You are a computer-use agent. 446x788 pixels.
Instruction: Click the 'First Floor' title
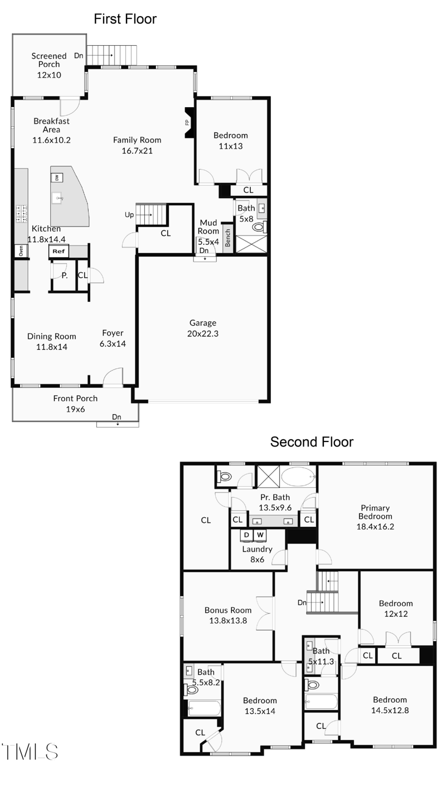[x=125, y=19]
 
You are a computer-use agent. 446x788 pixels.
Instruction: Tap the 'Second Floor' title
[x=312, y=442]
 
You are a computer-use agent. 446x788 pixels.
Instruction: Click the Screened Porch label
[x=49, y=65]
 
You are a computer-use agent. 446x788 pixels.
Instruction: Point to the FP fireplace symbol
[x=188, y=122]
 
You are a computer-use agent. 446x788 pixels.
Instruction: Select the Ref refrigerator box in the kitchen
[x=58, y=251]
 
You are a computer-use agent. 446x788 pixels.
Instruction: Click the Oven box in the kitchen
[x=21, y=251]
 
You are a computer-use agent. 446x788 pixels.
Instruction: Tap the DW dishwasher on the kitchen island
[x=56, y=177]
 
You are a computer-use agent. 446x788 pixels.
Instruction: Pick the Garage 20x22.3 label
[x=203, y=328]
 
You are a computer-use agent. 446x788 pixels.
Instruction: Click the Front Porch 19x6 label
[x=75, y=403]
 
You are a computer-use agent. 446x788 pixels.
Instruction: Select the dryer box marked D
[x=246, y=535]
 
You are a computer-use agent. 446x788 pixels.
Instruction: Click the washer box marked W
[x=260, y=535]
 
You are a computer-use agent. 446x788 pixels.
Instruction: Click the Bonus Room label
[x=227, y=615]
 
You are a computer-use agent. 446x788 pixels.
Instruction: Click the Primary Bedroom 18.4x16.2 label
[x=376, y=517]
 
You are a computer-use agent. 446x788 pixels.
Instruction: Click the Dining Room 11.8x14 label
[x=52, y=341]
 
